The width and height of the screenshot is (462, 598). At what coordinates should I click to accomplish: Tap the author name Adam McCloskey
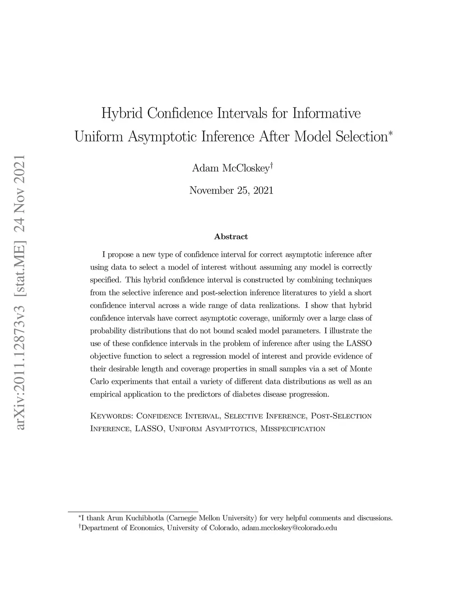click(x=231, y=168)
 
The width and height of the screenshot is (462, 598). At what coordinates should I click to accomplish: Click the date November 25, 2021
click(x=231, y=190)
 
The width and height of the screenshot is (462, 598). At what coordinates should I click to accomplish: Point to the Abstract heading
click(x=231, y=236)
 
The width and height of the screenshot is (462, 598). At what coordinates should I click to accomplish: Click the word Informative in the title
click(x=327, y=113)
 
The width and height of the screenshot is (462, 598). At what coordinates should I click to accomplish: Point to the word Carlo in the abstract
click(x=99, y=381)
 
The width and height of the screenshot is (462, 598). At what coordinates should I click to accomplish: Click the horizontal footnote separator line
click(x=133, y=512)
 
